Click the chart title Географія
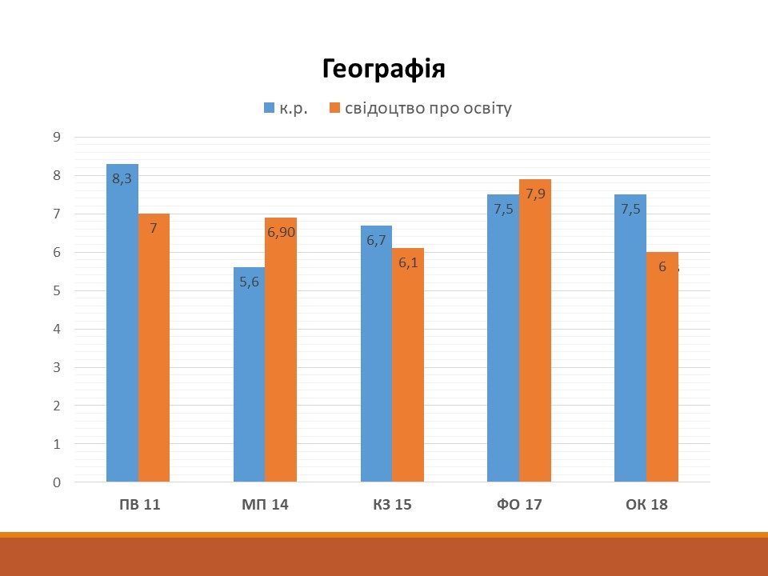[x=383, y=70]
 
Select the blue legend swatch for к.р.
[x=269, y=108]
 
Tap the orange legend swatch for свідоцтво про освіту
[x=334, y=108]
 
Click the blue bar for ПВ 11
[x=122, y=336]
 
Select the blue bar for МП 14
[x=249, y=384]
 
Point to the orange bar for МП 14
[x=281, y=360]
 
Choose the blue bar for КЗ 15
[x=376, y=360]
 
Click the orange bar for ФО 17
[x=534, y=336]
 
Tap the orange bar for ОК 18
[x=662, y=376]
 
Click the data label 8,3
[x=122, y=179]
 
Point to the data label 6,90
[x=282, y=233]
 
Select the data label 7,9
[x=535, y=194]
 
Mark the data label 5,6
[x=249, y=282]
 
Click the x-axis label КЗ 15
[x=392, y=505]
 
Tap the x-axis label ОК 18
[x=646, y=505]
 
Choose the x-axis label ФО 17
[x=519, y=505]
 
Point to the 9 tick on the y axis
[x=57, y=137]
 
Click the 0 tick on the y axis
[x=57, y=482]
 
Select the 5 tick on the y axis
[x=57, y=290]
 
